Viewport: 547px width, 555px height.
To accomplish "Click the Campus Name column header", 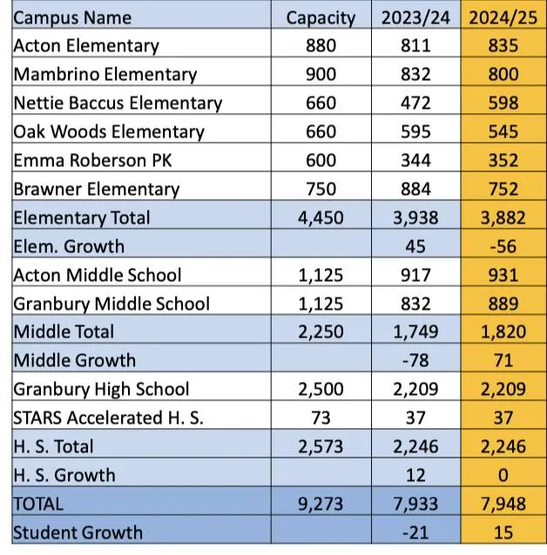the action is coord(72,17).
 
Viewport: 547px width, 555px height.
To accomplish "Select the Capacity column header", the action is coord(321,18).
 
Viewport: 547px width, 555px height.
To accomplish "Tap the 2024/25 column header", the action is coord(503,17).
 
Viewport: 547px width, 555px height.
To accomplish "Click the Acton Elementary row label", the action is coord(86,46).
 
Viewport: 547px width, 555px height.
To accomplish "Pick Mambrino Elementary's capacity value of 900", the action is coord(321,74).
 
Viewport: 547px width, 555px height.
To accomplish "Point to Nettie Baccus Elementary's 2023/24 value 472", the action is coord(415,103).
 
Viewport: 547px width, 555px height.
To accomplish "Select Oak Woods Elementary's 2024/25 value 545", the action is coord(503,131).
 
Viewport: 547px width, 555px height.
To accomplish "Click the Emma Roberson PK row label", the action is coord(92,160).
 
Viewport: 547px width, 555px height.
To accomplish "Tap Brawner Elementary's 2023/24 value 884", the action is coord(415,189).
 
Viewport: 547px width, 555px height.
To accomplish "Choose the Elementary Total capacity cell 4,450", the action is coord(321,217).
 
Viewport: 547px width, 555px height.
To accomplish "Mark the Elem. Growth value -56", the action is coord(503,246).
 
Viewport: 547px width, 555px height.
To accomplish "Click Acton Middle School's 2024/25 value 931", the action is coord(503,275).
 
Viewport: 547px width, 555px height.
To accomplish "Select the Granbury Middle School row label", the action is coord(111,304).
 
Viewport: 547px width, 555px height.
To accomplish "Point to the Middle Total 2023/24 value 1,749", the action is coord(415,332).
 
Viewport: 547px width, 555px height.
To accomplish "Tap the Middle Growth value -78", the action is coord(415,361).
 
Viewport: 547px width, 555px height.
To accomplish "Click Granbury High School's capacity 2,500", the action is coord(321,390).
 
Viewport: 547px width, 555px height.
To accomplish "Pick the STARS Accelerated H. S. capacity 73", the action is coord(321,418).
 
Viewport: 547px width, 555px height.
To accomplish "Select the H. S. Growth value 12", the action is coord(415,475).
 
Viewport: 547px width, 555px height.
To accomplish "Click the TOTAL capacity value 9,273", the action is coord(321,504).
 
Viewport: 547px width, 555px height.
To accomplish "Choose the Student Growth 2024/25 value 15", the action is coord(503,532).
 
